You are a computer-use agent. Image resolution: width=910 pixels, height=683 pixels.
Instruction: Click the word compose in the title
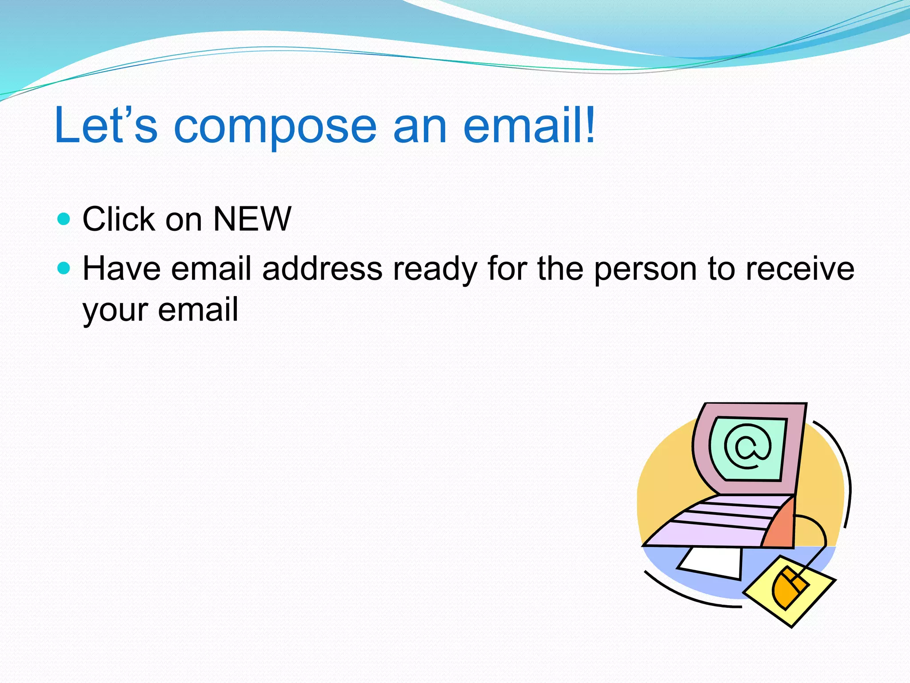click(275, 127)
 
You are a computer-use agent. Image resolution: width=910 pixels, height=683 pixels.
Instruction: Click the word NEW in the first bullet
click(252, 219)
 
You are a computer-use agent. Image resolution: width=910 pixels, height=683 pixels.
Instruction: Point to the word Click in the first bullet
click(119, 219)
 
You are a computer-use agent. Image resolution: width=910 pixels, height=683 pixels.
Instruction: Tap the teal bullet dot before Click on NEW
click(64, 219)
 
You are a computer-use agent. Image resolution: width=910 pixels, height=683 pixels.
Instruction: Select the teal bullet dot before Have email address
click(64, 268)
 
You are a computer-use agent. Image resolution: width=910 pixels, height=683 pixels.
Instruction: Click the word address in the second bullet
click(322, 269)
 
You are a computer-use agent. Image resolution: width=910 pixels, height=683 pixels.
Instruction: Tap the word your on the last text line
click(115, 310)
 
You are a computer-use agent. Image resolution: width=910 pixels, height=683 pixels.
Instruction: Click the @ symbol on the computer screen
click(748, 447)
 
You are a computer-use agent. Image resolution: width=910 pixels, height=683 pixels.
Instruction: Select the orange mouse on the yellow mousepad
click(789, 587)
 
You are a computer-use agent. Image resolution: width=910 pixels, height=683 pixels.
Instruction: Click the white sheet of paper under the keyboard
click(711, 562)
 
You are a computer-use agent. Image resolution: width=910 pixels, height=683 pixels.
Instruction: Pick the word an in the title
click(419, 127)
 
